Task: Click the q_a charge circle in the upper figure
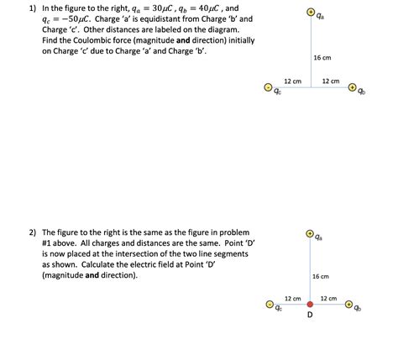(310, 13)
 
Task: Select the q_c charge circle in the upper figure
(269, 86)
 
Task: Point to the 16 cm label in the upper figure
(321, 57)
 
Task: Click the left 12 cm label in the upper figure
(291, 81)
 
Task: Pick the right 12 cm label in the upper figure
(330, 81)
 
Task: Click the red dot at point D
(310, 305)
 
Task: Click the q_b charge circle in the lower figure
(352, 305)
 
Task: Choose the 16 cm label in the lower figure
(321, 276)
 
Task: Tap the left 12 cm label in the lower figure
(291, 299)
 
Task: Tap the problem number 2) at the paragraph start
(32, 232)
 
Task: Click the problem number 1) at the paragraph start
(32, 6)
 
